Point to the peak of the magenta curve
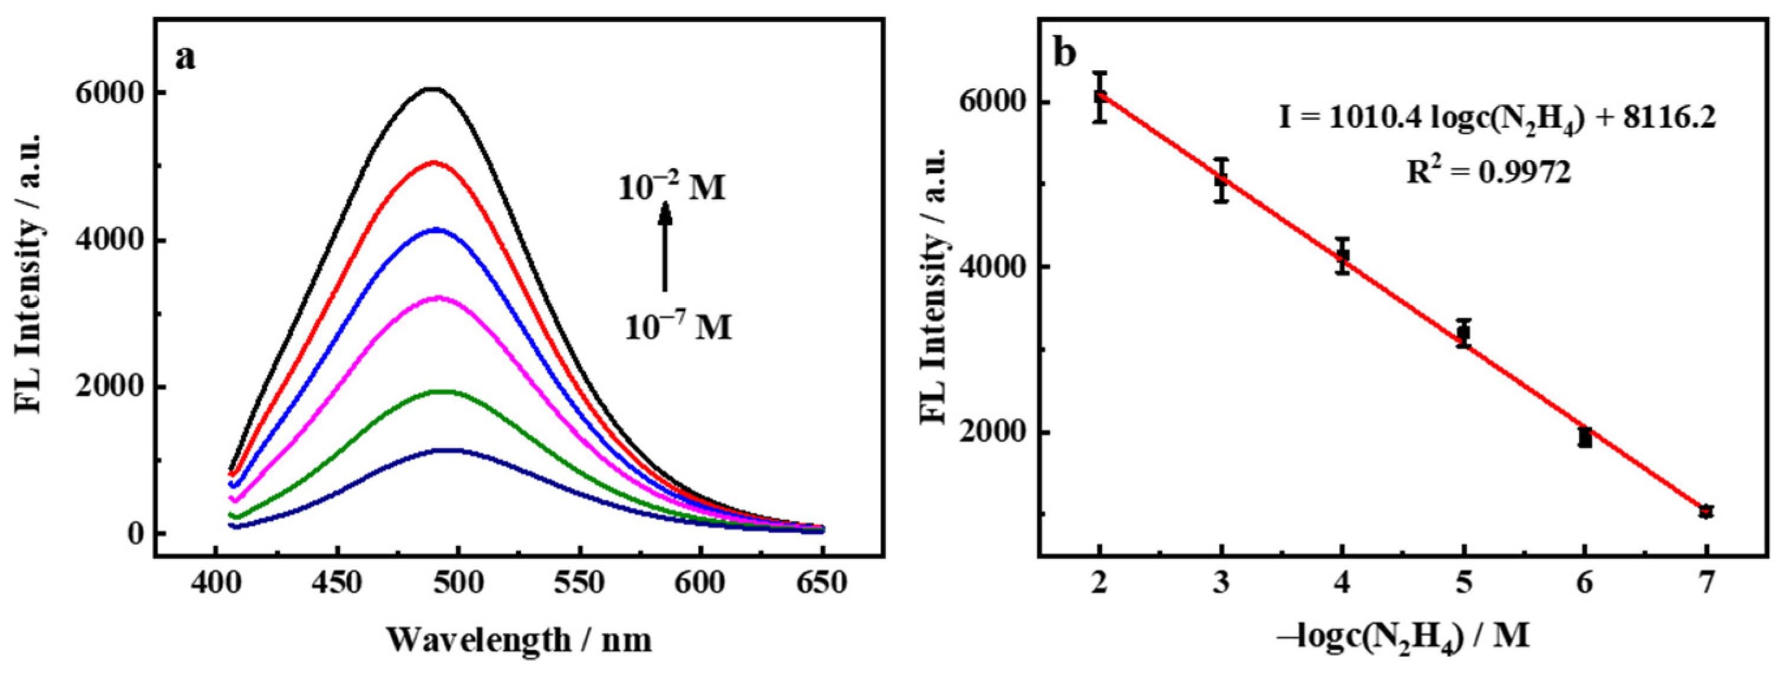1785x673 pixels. point(439,298)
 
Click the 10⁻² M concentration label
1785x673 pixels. point(671,188)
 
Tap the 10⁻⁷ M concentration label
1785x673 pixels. point(678,327)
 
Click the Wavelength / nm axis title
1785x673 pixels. point(519,640)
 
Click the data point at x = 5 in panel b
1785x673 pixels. point(1463,333)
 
